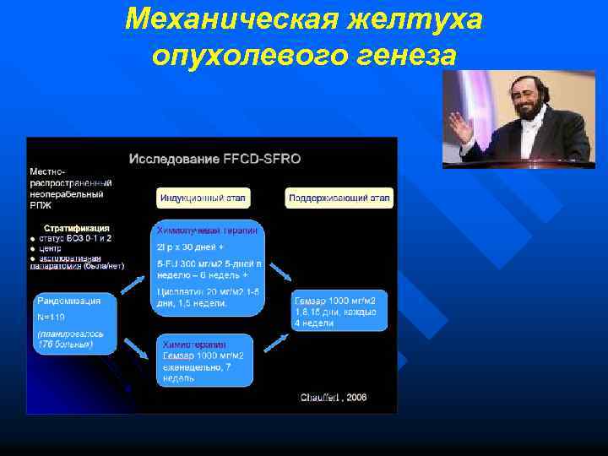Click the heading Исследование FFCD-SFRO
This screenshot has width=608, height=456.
[x=214, y=158]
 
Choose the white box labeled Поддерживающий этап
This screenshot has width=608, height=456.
[x=339, y=198]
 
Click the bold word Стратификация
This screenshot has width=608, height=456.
[x=76, y=228]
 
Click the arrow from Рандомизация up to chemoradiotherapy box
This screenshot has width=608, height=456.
[x=132, y=284]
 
